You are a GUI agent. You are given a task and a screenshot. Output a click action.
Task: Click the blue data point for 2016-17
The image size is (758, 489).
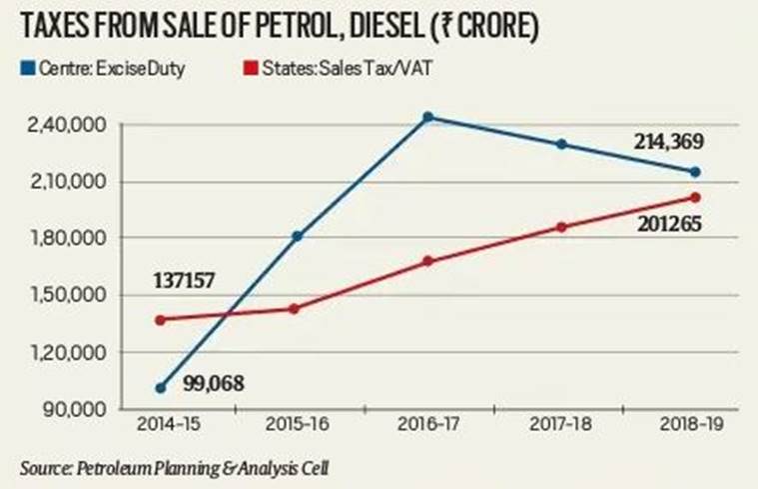[427, 117]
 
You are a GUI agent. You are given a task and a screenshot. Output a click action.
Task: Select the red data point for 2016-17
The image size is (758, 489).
[427, 261]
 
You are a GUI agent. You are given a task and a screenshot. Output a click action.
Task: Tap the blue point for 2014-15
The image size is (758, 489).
[161, 387]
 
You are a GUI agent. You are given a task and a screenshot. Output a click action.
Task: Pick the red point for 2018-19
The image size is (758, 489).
[695, 197]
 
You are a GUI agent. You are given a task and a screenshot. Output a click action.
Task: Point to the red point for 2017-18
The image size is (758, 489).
[561, 227]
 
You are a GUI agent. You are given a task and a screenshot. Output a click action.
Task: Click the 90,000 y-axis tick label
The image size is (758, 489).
[76, 409]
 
